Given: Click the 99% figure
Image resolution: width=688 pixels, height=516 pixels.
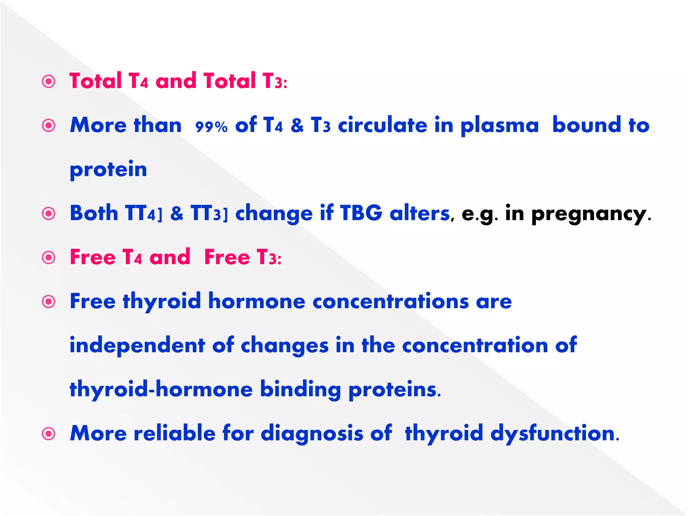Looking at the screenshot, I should (211, 127).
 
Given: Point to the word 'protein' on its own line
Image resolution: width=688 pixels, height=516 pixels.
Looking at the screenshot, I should (108, 169).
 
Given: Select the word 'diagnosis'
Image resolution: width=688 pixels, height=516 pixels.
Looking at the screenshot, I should (312, 433).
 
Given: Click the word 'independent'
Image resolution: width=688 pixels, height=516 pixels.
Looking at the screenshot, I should (137, 345).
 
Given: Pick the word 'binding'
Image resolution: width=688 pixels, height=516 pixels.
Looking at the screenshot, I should (300, 390).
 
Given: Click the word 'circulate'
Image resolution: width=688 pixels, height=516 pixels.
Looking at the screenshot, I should (382, 125).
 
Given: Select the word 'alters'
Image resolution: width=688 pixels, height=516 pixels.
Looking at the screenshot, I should (420, 213).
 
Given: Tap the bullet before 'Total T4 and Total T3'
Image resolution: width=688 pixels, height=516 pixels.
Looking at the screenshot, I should (49, 82).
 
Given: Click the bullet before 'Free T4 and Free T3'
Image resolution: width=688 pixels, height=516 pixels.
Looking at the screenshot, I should (49, 258).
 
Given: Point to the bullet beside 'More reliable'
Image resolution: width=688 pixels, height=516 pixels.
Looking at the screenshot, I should (49, 434).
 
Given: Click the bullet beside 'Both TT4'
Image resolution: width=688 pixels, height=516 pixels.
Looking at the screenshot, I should (49, 214).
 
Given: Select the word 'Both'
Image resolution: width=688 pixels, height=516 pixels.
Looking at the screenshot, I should (94, 213).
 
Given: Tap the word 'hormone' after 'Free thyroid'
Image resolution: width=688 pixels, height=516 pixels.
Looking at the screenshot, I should (257, 301).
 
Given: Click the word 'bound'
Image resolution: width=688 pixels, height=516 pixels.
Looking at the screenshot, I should (587, 125).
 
